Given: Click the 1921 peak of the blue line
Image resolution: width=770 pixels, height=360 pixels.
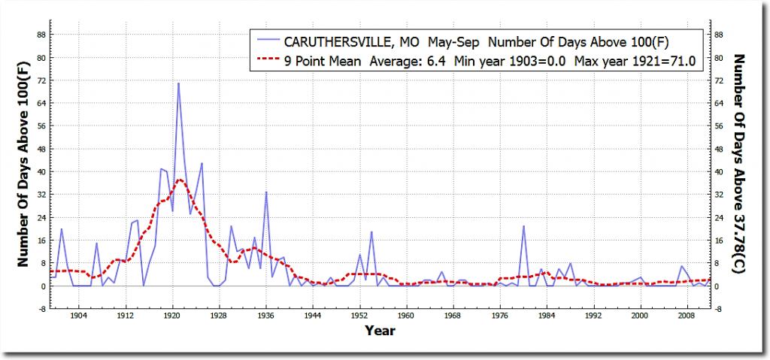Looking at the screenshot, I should click(178, 83).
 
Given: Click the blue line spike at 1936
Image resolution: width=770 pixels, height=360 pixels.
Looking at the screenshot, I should click(265, 192).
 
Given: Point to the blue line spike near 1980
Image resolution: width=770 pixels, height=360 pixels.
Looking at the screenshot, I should click(523, 226).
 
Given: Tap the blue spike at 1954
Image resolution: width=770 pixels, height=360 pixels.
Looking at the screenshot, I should click(371, 232).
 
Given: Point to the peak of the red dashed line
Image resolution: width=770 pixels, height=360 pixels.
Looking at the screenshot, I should click(179, 180).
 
